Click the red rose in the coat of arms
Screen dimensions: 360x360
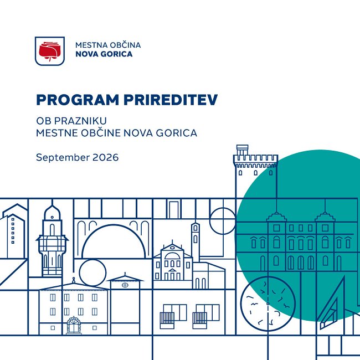coord(49,51)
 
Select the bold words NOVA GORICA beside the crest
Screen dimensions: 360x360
coord(104,54)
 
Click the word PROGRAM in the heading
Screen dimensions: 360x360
coord(78,100)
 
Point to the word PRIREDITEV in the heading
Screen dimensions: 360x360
coord(171,100)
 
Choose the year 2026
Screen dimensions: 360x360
coord(106,157)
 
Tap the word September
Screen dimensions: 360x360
coord(63,158)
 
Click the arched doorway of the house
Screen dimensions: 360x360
coord(74,325)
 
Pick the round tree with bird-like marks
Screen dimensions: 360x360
coord(268,304)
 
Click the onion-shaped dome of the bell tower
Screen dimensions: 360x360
coord(52,212)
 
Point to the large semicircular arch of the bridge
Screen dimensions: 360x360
coord(114,225)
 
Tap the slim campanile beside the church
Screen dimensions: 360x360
coord(195,241)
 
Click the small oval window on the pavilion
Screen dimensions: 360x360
coord(125,285)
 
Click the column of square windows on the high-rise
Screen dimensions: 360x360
coord(13,231)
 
